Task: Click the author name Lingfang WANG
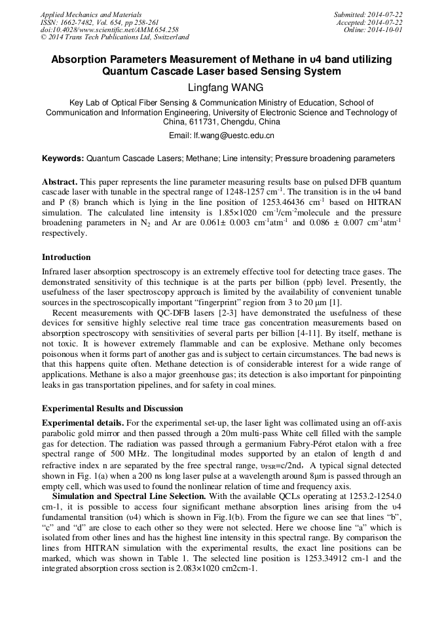[221, 87]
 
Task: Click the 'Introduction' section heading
[66, 257]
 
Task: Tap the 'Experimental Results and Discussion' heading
[113, 408]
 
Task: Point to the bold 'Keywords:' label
[63, 158]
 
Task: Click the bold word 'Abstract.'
[60, 181]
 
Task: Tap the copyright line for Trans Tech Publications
[115, 37]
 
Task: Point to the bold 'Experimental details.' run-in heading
[82, 422]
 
